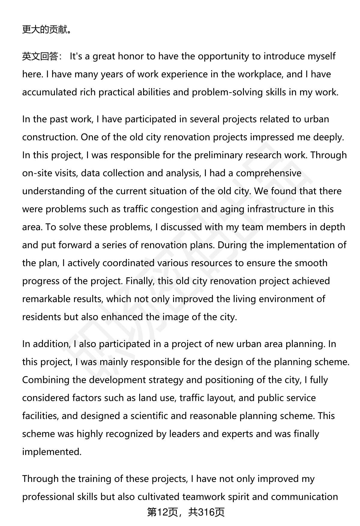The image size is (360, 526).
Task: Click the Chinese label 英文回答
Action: [x=40, y=56]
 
